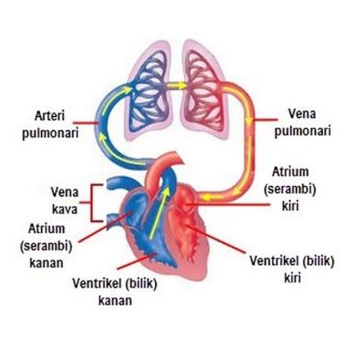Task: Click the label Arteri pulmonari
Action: pos(50,125)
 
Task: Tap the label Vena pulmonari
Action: pos(303,122)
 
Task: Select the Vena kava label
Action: pos(65,201)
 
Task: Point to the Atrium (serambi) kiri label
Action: pos(290,189)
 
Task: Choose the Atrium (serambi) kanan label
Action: pos(46,246)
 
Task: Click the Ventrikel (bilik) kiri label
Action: pos(292,270)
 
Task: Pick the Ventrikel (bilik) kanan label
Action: pos(115,292)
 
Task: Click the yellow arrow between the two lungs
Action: pos(177,86)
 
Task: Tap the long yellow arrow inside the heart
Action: pos(159,213)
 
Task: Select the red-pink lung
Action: pos(204,93)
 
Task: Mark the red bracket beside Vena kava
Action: pos(92,203)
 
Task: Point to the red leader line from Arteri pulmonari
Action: pos(86,123)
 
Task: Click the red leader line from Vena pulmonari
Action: pos(266,119)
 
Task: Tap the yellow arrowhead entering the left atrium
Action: pos(207,197)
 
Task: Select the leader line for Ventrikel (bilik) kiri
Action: pos(215,238)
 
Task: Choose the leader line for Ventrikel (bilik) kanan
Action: pos(136,261)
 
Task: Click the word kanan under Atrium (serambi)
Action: pos(46,263)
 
